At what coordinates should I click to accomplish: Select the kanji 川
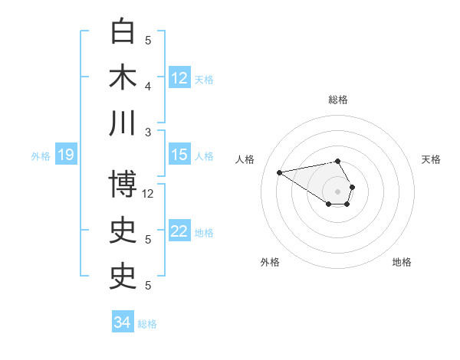tap(123, 123)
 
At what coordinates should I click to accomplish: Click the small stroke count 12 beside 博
tap(149, 193)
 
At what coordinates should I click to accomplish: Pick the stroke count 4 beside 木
tap(149, 86)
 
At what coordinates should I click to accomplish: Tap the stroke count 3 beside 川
tap(149, 132)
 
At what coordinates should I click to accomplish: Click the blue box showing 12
tap(179, 77)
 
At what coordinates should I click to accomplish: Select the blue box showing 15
tap(179, 155)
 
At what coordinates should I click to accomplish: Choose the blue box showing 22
tap(179, 231)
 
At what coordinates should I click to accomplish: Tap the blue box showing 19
tap(65, 155)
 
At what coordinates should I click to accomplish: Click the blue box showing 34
tap(123, 322)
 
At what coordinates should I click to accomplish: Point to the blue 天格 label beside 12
tap(204, 79)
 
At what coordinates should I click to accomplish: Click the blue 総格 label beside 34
tap(147, 324)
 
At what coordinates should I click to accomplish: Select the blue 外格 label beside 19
tap(41, 156)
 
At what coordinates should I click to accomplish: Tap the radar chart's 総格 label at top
tap(338, 100)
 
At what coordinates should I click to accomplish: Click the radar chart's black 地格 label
tap(402, 262)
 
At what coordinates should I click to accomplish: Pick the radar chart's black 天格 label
tap(432, 159)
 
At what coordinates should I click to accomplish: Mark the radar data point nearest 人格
tap(279, 172)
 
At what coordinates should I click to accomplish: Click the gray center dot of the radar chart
tap(338, 191)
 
